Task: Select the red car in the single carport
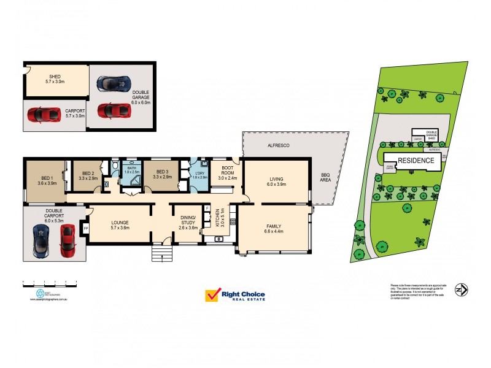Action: tap(43, 114)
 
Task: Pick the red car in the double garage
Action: tap(114, 110)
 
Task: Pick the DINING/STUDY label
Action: tap(188, 222)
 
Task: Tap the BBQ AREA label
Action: tap(325, 178)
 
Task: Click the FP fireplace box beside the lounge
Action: tap(86, 228)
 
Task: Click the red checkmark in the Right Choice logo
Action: tap(213, 295)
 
